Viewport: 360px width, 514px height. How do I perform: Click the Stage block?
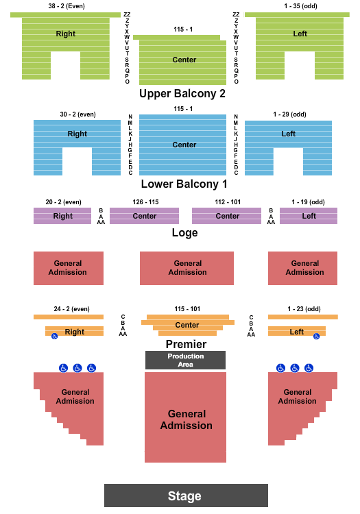(x=186, y=495)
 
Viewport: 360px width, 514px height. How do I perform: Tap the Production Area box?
(x=185, y=360)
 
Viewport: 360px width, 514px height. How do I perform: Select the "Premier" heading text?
(x=186, y=344)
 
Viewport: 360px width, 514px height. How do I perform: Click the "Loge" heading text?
(x=185, y=233)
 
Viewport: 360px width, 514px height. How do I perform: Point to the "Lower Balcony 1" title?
(x=184, y=184)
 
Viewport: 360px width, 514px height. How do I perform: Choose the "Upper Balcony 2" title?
(x=182, y=94)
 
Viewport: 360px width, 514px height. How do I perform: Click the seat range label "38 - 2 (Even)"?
(x=67, y=6)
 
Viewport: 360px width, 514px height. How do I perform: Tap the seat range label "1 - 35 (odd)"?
(x=300, y=6)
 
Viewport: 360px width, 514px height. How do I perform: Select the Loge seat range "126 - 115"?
(x=145, y=202)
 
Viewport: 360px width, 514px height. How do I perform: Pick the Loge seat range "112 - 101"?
(x=228, y=202)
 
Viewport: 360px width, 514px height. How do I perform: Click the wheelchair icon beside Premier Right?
(x=54, y=336)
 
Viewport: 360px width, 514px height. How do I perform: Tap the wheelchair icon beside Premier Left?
(x=316, y=336)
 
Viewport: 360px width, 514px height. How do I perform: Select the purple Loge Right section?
(x=62, y=216)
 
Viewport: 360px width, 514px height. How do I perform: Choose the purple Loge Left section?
(x=308, y=216)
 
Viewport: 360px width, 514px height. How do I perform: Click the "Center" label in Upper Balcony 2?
(x=184, y=60)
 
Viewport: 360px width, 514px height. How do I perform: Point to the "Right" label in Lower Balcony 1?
(x=77, y=134)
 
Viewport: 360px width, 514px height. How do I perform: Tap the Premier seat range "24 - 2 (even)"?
(x=71, y=309)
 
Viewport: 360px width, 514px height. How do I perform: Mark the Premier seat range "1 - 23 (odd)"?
(x=304, y=309)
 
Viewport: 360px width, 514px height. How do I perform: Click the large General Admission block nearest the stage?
(x=186, y=417)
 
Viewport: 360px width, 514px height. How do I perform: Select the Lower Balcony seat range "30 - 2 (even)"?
(x=77, y=114)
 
